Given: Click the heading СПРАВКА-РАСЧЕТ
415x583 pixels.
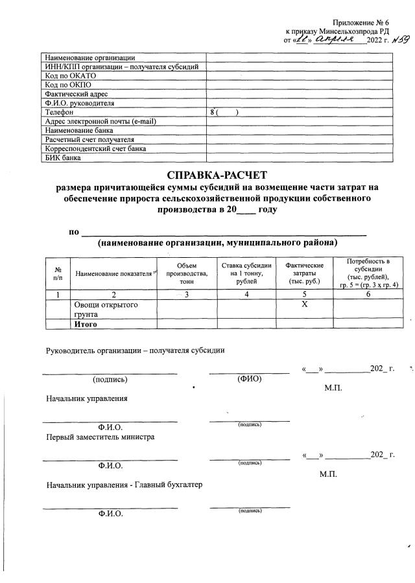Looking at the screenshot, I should (x=217, y=175).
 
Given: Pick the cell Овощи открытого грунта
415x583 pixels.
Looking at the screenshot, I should (x=106, y=309).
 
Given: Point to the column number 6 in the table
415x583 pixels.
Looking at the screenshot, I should (x=368, y=295).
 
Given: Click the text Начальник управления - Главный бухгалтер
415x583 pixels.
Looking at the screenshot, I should (x=123, y=485).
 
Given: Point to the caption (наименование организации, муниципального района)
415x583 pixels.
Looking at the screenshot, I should (x=218, y=243).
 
